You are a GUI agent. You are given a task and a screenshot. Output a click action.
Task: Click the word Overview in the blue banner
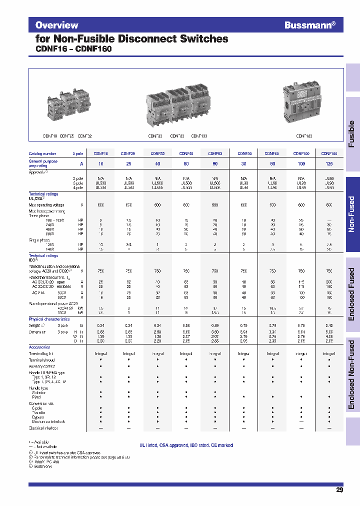tap(56, 25)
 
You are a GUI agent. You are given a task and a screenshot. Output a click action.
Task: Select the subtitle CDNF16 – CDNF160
tap(73, 49)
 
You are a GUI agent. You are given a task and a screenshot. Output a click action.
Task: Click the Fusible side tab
tap(352, 133)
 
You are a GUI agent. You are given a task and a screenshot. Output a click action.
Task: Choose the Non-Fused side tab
tap(352, 214)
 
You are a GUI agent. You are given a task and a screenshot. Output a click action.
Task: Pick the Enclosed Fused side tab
tap(352, 295)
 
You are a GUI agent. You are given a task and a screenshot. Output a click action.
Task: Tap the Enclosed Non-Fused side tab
tap(352, 375)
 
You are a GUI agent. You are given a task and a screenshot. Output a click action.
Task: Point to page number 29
tap(339, 490)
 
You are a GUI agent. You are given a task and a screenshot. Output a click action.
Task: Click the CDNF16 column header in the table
tap(100, 154)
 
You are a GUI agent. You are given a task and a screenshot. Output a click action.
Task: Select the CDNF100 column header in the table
tap(301, 154)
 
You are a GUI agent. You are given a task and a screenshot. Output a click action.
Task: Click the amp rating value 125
tap(329, 163)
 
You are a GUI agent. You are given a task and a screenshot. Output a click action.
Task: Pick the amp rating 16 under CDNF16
tap(100, 163)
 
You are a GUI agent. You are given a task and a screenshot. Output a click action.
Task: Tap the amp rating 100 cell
tap(301, 163)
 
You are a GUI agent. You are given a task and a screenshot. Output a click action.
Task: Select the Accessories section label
tap(39, 347)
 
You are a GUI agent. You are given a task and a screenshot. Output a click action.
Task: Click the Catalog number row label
tap(42, 154)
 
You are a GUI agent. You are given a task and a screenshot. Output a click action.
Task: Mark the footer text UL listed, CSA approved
tap(186, 445)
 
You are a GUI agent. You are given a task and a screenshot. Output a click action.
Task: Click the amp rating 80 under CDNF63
tap(215, 163)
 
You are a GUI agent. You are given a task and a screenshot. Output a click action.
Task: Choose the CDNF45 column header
tap(186, 154)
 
